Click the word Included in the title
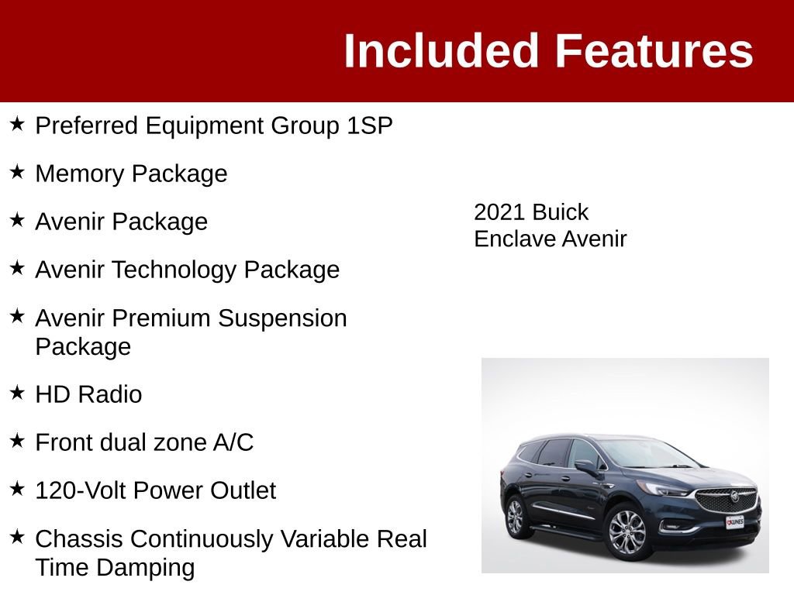(440, 51)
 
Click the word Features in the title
(654, 51)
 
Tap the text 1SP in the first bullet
(370, 126)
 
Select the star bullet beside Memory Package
(17, 172)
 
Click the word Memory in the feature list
(80, 174)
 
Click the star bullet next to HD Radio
(17, 393)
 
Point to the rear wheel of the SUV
(516, 516)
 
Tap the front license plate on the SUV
(734, 522)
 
